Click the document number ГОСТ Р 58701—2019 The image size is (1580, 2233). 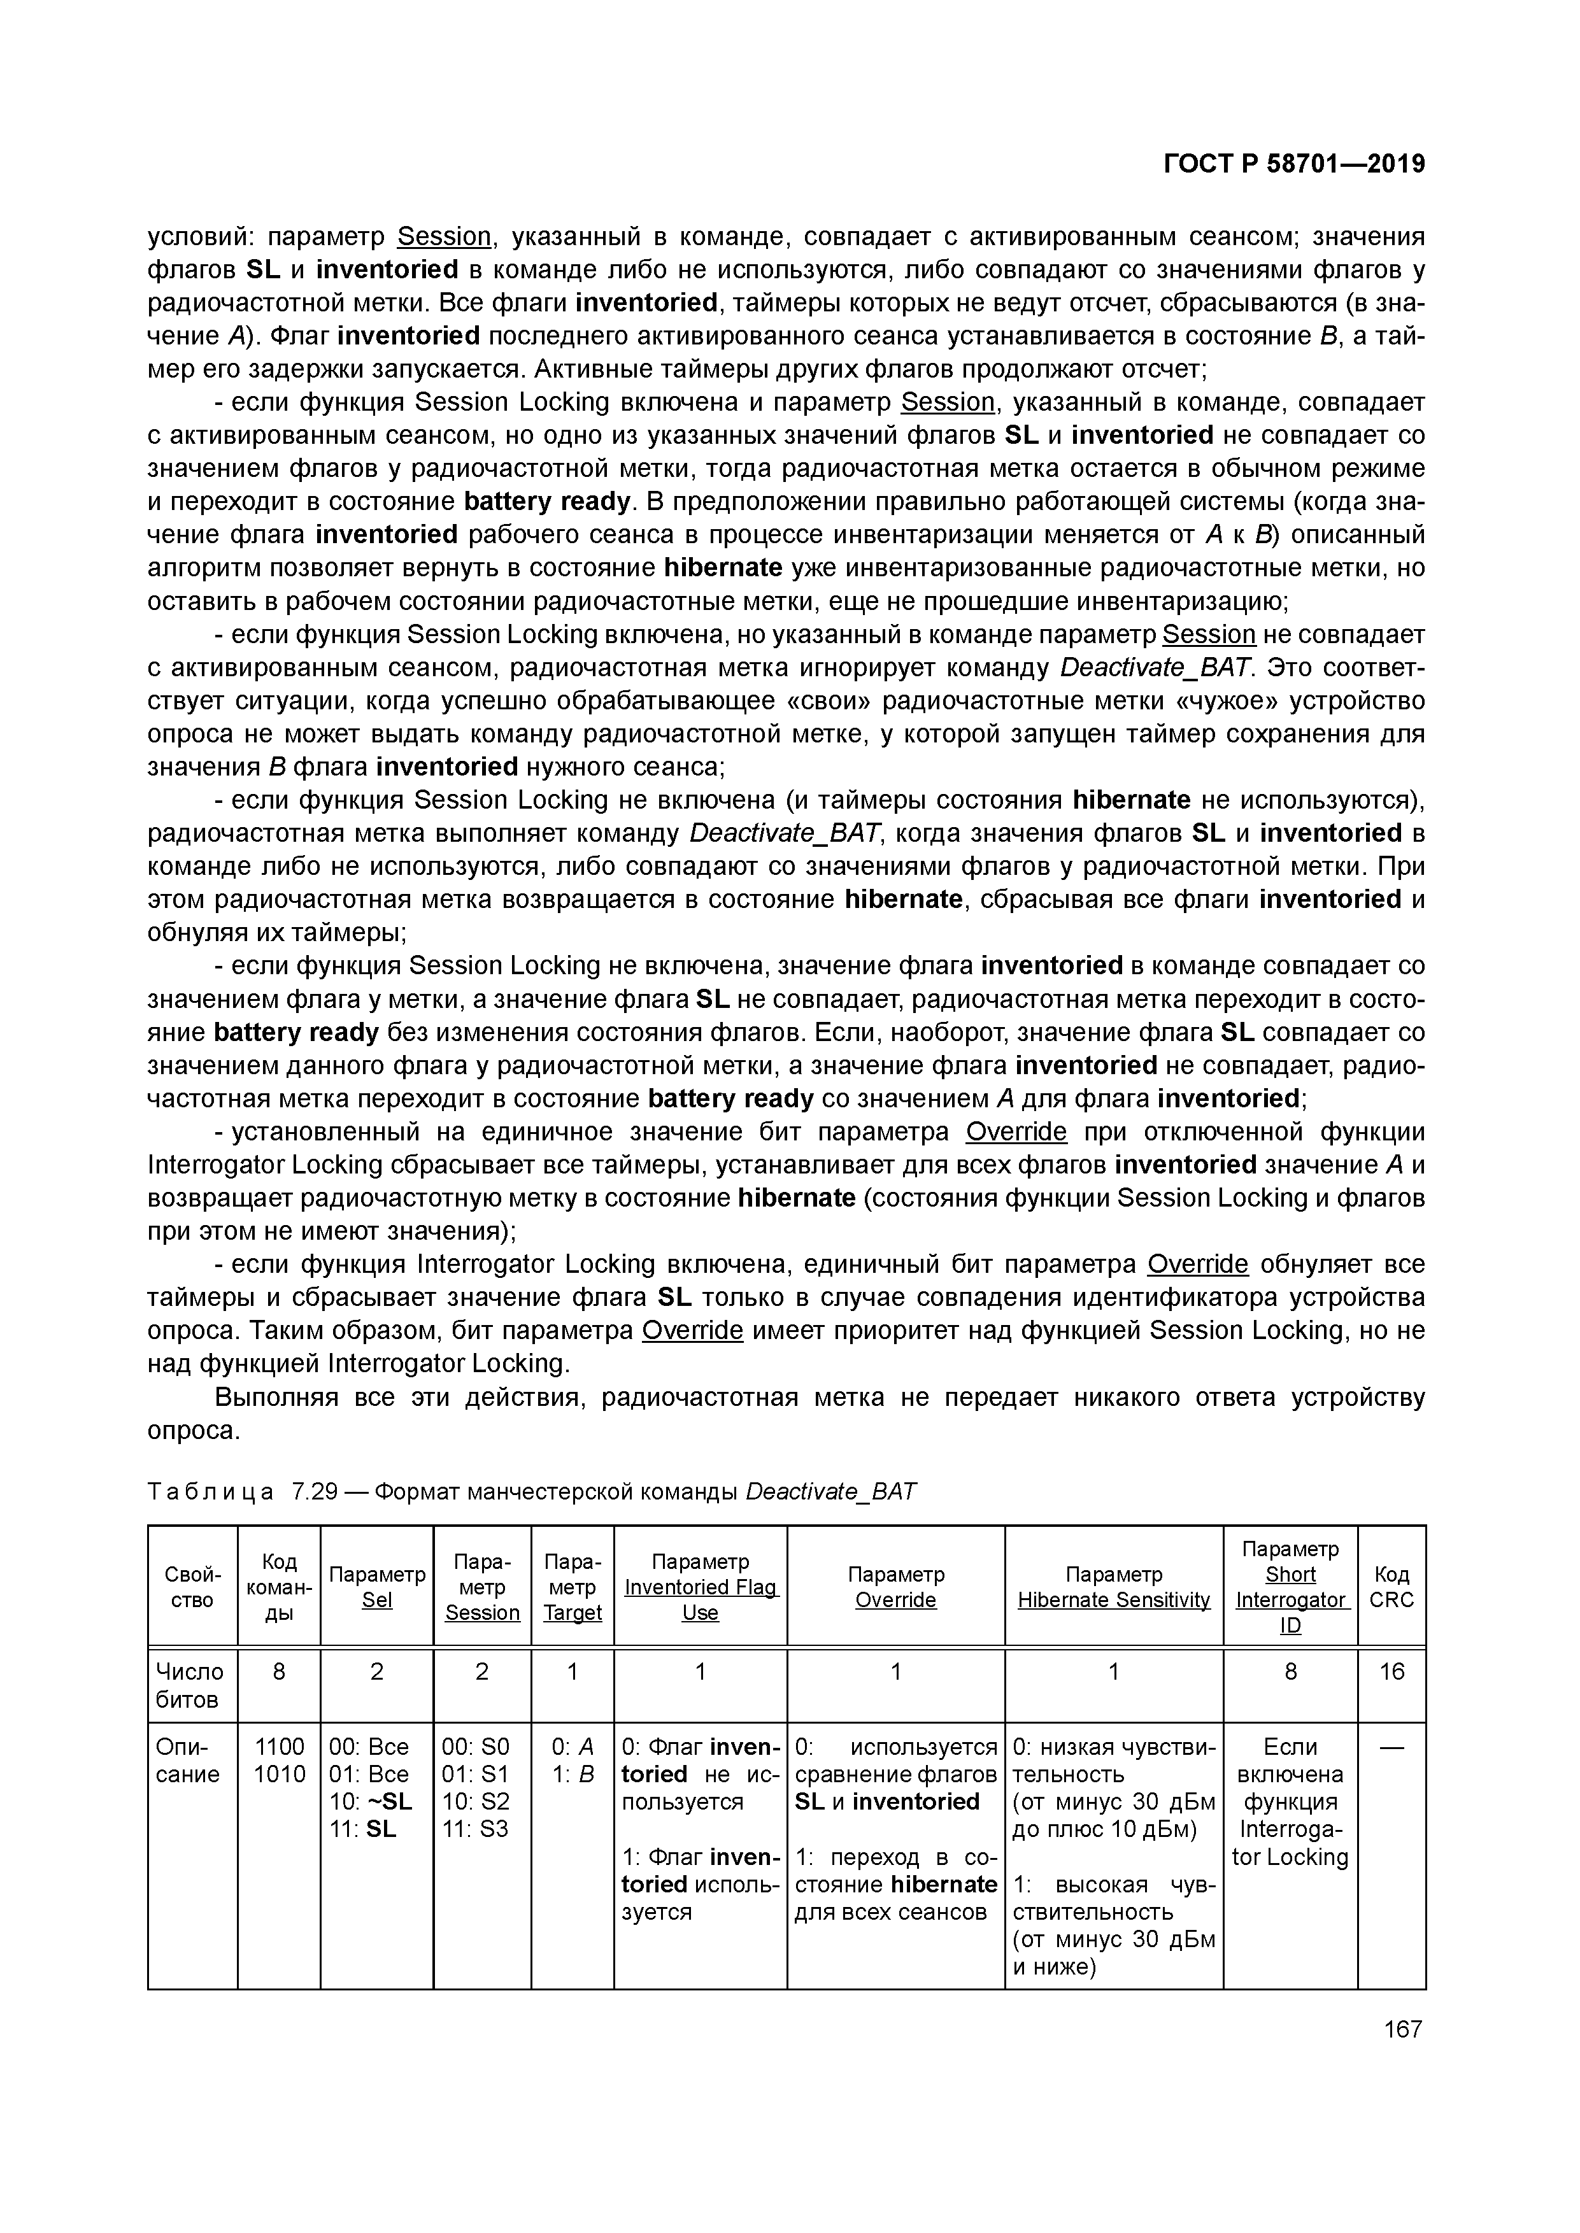[1294, 164]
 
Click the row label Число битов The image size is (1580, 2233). [190, 1685]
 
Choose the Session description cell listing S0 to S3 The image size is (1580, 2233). [476, 1787]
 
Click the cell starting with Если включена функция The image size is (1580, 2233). [1290, 1801]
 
